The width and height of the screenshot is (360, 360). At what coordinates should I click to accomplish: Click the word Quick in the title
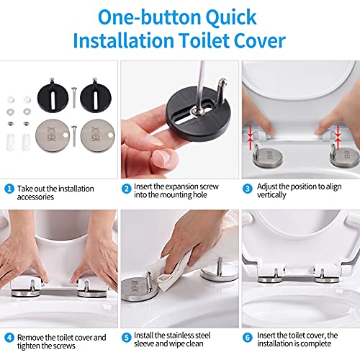(x=231, y=18)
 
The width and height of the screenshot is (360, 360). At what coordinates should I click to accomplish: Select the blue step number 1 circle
(x=9, y=189)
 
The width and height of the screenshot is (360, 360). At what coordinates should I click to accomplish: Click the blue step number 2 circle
(x=126, y=189)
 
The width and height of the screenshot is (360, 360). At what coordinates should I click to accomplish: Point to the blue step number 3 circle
(x=247, y=189)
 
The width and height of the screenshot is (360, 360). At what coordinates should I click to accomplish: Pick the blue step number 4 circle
(x=9, y=338)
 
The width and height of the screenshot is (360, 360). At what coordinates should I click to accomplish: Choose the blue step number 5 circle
(x=126, y=338)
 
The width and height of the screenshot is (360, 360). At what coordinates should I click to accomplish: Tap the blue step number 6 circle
(x=247, y=338)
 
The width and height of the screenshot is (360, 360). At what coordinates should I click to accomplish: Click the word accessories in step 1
(x=35, y=197)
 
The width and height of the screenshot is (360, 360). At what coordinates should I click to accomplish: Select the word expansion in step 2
(x=183, y=186)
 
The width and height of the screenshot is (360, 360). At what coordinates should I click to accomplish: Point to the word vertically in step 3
(x=271, y=195)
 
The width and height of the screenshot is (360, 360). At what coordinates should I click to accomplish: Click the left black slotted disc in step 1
(x=53, y=96)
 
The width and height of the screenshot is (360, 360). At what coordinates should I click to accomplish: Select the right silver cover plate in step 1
(x=98, y=135)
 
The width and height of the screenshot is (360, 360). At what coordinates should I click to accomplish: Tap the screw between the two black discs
(x=74, y=97)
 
